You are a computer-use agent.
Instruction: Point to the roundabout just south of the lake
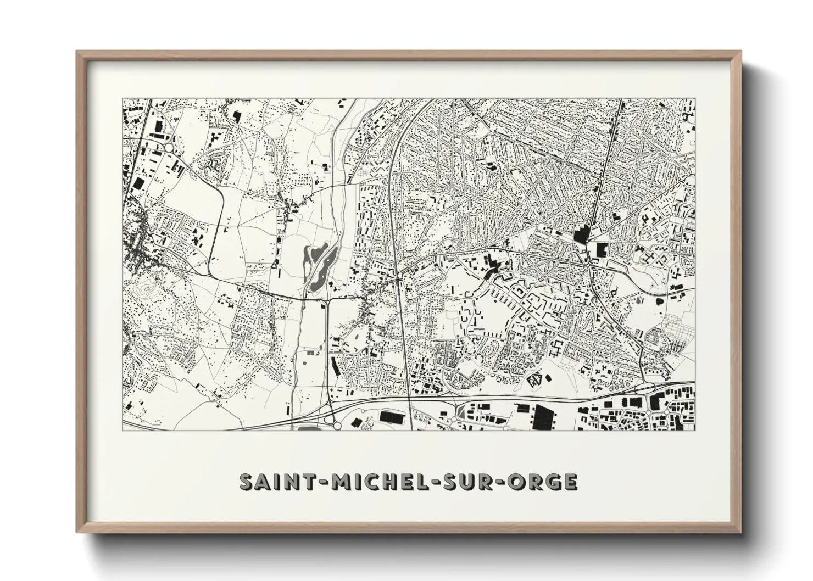point(327,301)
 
